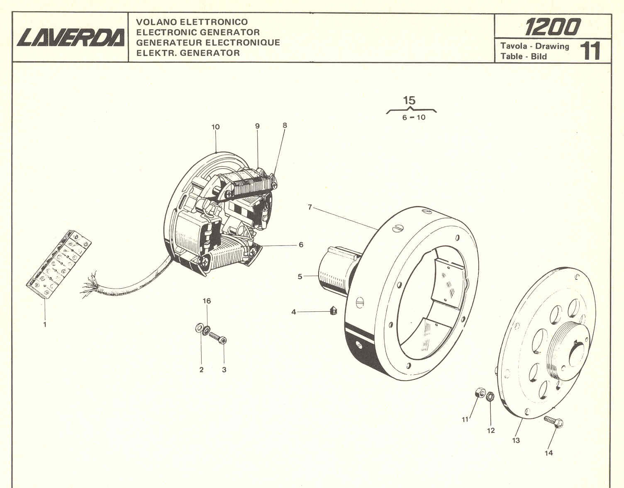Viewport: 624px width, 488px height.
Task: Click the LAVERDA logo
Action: tap(71, 38)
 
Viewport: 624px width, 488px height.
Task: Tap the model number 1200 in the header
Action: tap(552, 27)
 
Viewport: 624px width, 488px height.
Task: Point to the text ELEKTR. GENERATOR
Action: tap(188, 53)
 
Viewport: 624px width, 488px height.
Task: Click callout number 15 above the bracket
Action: tap(409, 100)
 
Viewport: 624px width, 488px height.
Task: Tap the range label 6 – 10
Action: tap(414, 117)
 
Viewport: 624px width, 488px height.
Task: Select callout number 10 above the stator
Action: tap(215, 127)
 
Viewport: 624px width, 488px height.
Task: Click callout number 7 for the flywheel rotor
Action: tap(310, 206)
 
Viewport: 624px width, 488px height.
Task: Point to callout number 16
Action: tap(207, 301)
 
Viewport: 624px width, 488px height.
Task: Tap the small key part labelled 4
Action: tap(333, 311)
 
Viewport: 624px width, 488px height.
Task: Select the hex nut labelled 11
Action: tap(478, 392)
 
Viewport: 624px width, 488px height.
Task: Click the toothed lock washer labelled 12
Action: tap(490, 396)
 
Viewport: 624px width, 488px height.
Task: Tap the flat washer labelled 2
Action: tap(198, 328)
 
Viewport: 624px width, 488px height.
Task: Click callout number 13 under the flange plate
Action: tap(516, 440)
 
